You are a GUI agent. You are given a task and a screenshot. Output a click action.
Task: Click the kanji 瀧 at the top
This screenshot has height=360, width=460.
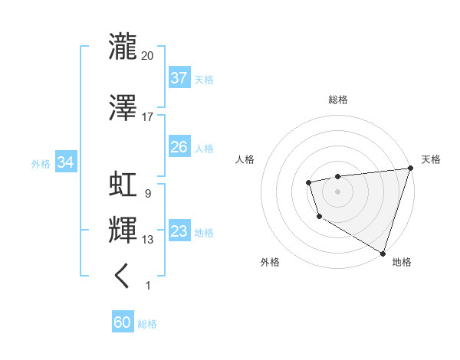click(x=123, y=47)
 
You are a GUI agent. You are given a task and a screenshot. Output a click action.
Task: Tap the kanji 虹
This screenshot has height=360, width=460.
click(x=123, y=185)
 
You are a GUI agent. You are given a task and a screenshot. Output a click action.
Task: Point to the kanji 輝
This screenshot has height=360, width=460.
click(x=123, y=230)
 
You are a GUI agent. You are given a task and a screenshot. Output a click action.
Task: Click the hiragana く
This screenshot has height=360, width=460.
click(x=123, y=276)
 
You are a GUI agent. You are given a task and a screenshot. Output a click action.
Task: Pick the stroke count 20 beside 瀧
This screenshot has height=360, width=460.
click(x=148, y=55)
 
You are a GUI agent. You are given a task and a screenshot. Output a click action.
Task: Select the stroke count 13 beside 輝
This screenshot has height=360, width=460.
click(x=148, y=240)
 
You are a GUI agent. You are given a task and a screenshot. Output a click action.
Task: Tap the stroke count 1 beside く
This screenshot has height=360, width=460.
click(x=147, y=286)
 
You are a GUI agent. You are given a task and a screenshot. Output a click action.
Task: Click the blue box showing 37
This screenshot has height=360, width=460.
click(x=179, y=78)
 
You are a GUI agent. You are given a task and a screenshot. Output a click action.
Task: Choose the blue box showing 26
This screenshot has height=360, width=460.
click(x=179, y=147)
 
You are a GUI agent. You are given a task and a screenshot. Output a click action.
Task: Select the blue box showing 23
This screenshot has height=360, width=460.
click(x=179, y=231)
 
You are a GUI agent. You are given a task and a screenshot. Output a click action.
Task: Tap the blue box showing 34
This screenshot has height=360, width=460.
click(x=65, y=162)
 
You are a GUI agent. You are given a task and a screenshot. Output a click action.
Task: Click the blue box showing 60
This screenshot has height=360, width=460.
click(x=123, y=323)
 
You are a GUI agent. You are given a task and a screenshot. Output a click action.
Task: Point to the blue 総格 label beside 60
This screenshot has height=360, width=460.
click(x=147, y=324)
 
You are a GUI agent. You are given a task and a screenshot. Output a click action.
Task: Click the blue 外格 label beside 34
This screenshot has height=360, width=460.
click(x=41, y=163)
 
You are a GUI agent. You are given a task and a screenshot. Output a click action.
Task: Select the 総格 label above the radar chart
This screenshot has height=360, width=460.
click(x=338, y=100)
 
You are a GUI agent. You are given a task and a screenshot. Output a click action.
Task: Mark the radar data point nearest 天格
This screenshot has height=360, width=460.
click(x=410, y=169)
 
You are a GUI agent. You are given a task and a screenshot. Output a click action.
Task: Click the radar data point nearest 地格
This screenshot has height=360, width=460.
click(x=383, y=252)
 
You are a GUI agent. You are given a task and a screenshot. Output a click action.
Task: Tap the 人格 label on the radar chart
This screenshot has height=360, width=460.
click(x=245, y=159)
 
